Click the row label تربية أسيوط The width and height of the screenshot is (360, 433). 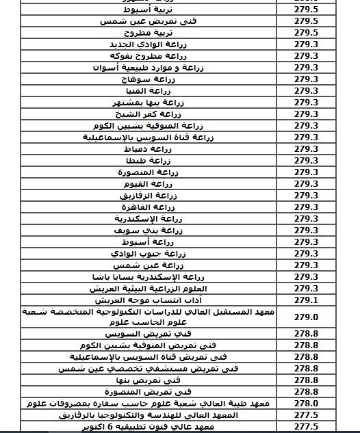pos(166,10)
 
